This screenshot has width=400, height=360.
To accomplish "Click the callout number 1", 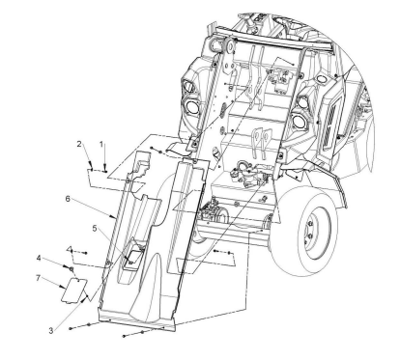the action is [x=101, y=144].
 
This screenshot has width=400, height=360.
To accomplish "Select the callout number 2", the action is [x=79, y=144].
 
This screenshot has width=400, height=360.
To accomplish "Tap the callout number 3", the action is [x=51, y=330].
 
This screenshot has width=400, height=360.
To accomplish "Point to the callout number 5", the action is [x=95, y=228].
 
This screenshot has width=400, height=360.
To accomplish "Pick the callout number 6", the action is [x=68, y=199].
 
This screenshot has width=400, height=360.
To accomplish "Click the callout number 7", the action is [x=38, y=278].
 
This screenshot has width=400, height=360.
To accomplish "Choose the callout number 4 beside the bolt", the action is [x=39, y=258].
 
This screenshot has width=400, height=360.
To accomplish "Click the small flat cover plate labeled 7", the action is [x=74, y=291].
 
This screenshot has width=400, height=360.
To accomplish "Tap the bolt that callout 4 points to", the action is [x=70, y=267].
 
